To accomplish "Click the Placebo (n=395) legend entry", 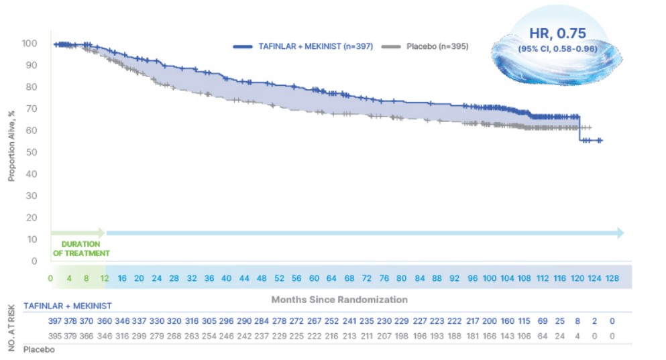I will click(x=425, y=46).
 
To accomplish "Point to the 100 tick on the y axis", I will click(x=29, y=44).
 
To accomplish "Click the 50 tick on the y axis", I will click(x=31, y=152).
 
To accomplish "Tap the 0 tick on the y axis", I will click(x=34, y=261).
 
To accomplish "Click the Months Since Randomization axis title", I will click(x=339, y=299).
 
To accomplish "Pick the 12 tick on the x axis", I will click(x=103, y=278).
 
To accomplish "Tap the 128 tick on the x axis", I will click(x=611, y=278).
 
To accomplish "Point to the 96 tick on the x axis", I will click(x=472, y=278).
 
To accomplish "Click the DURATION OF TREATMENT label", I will click(x=80, y=249).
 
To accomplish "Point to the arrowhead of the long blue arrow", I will click(x=620, y=233).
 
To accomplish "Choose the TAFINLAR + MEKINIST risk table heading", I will click(x=68, y=306).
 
